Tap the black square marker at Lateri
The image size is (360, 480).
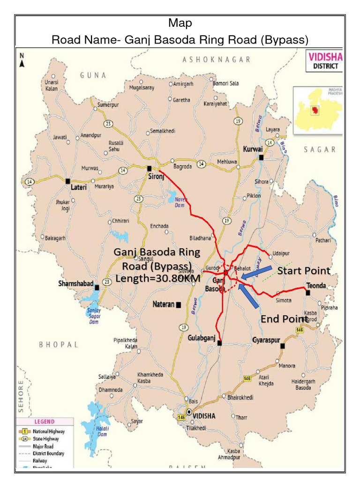pos(68,180)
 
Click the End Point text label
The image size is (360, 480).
pos(284,319)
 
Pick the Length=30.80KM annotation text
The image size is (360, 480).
pos(157,278)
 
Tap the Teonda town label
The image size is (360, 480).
pos(316,285)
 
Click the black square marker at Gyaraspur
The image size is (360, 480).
pos(283,346)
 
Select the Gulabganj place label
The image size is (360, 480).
pos(202,338)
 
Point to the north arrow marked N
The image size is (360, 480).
pos(22,60)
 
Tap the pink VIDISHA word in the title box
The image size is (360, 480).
pos(325,57)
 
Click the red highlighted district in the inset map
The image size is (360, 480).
pos(315,111)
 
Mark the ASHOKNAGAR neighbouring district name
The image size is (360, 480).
pos(216,60)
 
